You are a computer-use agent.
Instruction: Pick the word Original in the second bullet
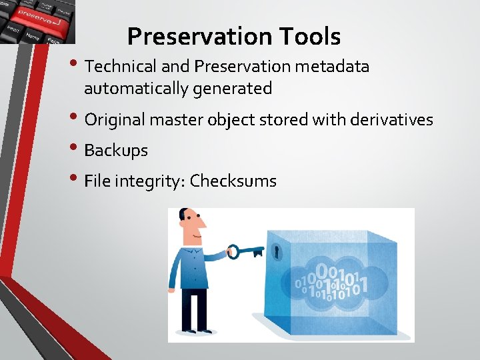click(114, 120)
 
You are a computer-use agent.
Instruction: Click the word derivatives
click(387, 120)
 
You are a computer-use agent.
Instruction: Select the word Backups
click(116, 151)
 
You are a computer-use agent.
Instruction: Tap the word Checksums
click(233, 181)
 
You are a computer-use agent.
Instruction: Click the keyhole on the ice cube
click(276, 252)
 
